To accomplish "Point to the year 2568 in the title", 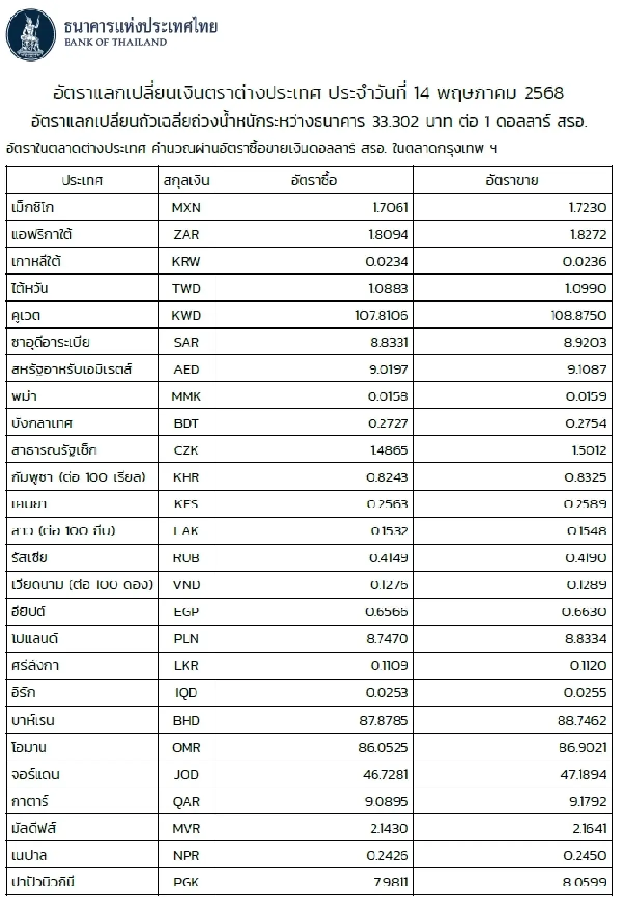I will coord(544,93).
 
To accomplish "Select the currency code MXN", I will coord(186,208).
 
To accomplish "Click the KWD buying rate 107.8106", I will coord(382,316).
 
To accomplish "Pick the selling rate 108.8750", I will coord(578,316).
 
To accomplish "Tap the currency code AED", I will coord(186,370).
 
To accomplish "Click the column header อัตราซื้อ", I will coord(314,180).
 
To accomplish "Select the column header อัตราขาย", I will coord(512,180).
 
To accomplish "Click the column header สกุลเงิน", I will coord(186,180).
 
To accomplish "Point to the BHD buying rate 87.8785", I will coord(384,720).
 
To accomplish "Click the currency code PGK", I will coord(186,882).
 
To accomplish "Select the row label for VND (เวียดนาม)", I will coord(82,585).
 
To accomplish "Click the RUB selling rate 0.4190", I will coord(586,558).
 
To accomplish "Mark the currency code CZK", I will coord(186,450).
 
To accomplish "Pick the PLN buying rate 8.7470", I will coord(387,639).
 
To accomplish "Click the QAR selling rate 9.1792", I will coord(588,801).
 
